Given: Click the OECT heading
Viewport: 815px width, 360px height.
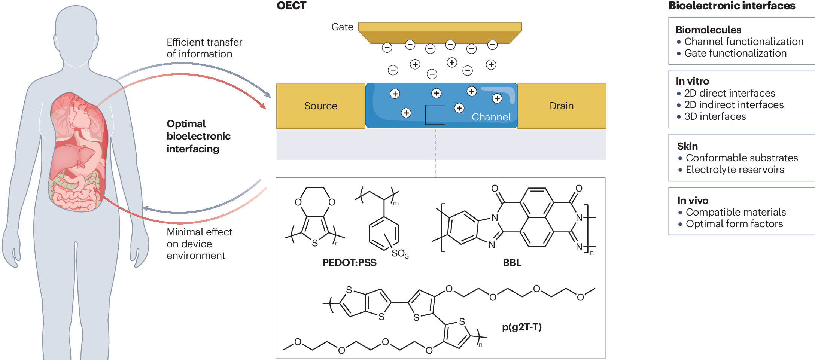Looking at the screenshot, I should pyautogui.click(x=291, y=6).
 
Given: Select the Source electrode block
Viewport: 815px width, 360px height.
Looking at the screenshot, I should pyautogui.click(x=320, y=106).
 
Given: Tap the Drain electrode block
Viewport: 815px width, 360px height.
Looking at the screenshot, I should pyautogui.click(x=561, y=106).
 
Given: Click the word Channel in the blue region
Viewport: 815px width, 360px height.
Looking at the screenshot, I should pyautogui.click(x=491, y=117).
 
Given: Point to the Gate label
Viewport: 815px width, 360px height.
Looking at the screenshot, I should pyautogui.click(x=342, y=27).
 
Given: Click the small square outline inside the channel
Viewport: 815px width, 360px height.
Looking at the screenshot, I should pyautogui.click(x=435, y=115).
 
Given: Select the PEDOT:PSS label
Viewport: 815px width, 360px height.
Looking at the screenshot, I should pyautogui.click(x=349, y=263).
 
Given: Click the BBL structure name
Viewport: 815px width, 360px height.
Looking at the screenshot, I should pyautogui.click(x=512, y=263).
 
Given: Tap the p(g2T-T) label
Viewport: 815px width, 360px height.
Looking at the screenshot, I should pyautogui.click(x=521, y=327).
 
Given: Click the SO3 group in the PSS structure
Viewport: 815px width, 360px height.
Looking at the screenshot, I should pyautogui.click(x=400, y=254).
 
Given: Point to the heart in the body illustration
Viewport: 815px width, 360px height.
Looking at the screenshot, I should pyautogui.click(x=79, y=116).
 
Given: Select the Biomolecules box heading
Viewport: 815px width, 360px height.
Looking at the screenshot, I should pyautogui.click(x=708, y=30).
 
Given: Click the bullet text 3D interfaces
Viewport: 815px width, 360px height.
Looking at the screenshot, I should pyautogui.click(x=715, y=116).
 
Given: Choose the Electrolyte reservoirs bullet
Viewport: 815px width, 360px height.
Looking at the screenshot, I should pyautogui.click(x=735, y=170).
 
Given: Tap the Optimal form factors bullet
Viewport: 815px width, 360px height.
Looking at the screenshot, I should pyautogui.click(x=734, y=224).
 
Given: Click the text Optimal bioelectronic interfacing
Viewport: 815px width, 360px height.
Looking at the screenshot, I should pyautogui.click(x=198, y=136).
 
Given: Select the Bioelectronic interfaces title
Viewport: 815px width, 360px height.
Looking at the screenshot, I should pyautogui.click(x=732, y=6).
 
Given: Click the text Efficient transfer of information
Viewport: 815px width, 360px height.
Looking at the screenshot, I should pyautogui.click(x=204, y=48).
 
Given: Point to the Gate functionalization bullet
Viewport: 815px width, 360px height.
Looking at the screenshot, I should pyautogui.click(x=735, y=53).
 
